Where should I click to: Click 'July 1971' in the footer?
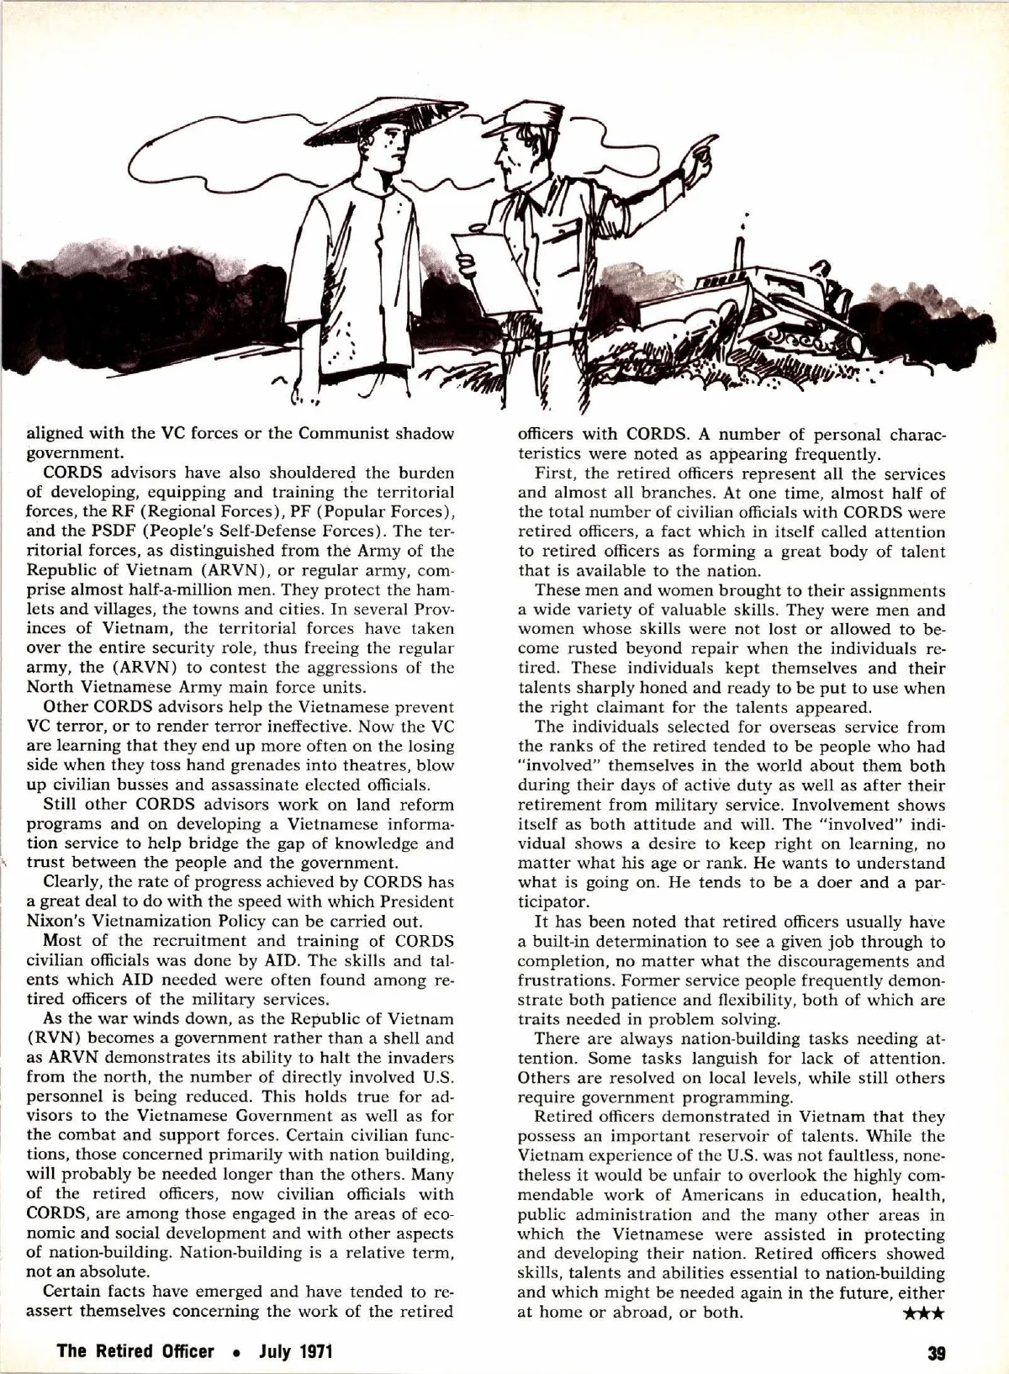[x=296, y=1353]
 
